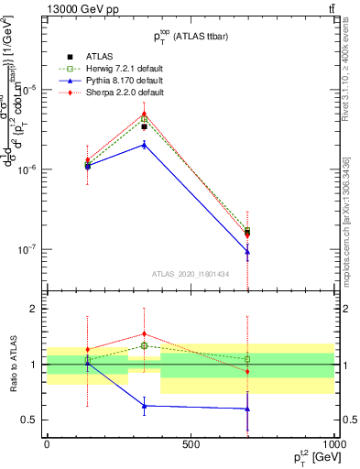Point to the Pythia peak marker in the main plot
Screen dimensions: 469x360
[145, 144]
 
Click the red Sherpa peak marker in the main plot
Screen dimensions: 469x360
[145, 114]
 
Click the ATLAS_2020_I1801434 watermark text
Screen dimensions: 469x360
[190, 274]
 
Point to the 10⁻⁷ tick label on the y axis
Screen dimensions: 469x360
[27, 249]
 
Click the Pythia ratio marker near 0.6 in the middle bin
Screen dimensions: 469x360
[145, 406]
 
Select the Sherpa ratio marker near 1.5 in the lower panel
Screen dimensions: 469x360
[145, 334]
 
